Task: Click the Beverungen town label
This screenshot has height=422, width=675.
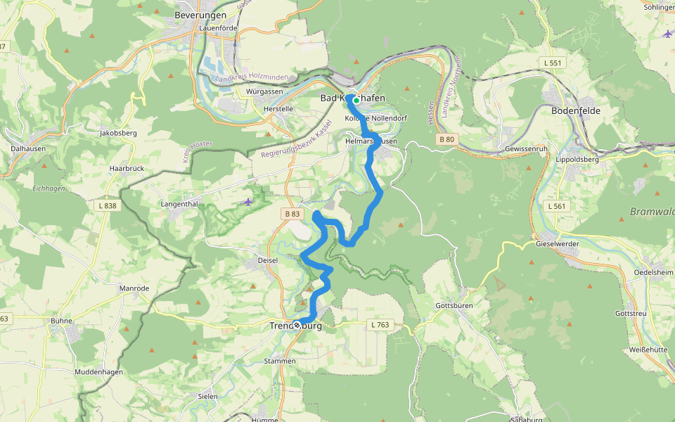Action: point(200,15)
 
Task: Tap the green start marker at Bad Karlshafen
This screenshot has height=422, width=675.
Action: point(356,101)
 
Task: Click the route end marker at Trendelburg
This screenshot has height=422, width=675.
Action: point(297,325)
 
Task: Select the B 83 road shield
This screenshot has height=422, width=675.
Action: point(292,213)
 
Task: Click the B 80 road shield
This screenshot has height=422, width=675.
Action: point(447,139)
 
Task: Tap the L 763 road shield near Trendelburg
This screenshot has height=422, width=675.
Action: point(378,325)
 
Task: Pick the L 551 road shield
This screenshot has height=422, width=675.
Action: point(554,63)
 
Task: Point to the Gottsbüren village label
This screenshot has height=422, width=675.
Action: point(454,306)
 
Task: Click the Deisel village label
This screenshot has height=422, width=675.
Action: point(268,260)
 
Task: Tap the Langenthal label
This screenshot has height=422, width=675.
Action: point(181,204)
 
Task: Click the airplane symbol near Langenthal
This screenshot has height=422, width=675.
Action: point(247,202)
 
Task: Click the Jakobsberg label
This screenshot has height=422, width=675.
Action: point(117,132)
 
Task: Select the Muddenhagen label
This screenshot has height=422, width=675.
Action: point(98,371)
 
